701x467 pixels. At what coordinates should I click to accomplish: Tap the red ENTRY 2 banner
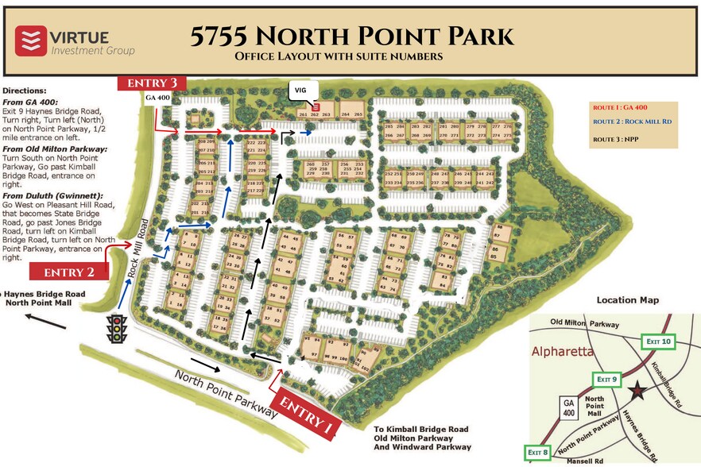click(x=69, y=272)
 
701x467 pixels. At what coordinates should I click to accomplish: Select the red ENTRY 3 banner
click(x=152, y=83)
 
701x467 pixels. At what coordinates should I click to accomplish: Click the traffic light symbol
click(x=118, y=328)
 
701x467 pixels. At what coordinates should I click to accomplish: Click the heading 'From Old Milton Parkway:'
click(x=56, y=149)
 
